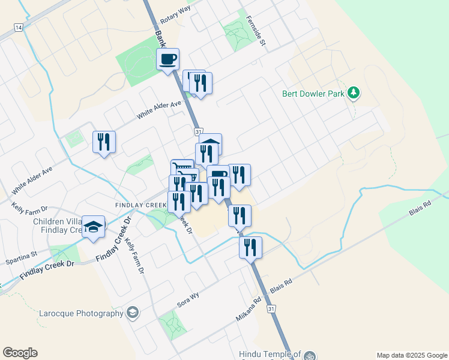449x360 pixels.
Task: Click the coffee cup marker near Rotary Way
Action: point(168,59)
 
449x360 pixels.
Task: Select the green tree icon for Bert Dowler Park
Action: point(355,92)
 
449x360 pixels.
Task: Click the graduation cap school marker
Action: point(93,227)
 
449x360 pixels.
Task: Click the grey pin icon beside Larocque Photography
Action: point(133,313)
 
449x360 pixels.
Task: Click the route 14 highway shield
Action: point(19,28)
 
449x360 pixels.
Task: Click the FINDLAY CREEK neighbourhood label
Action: point(140,205)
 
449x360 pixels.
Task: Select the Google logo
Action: point(20,352)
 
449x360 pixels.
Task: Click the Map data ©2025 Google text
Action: point(411,355)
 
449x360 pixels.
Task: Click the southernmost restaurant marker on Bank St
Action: point(250,247)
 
